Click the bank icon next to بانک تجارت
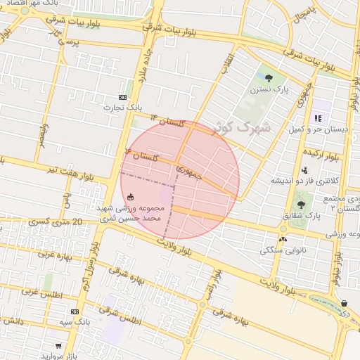(124, 97)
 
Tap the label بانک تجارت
(124, 108)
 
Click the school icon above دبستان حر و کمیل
(318, 119)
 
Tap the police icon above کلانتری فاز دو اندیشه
(304, 170)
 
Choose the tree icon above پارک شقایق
(301, 205)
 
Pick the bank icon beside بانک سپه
(75, 311)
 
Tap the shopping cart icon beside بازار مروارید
(58, 345)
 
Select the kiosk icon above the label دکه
(345, 303)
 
